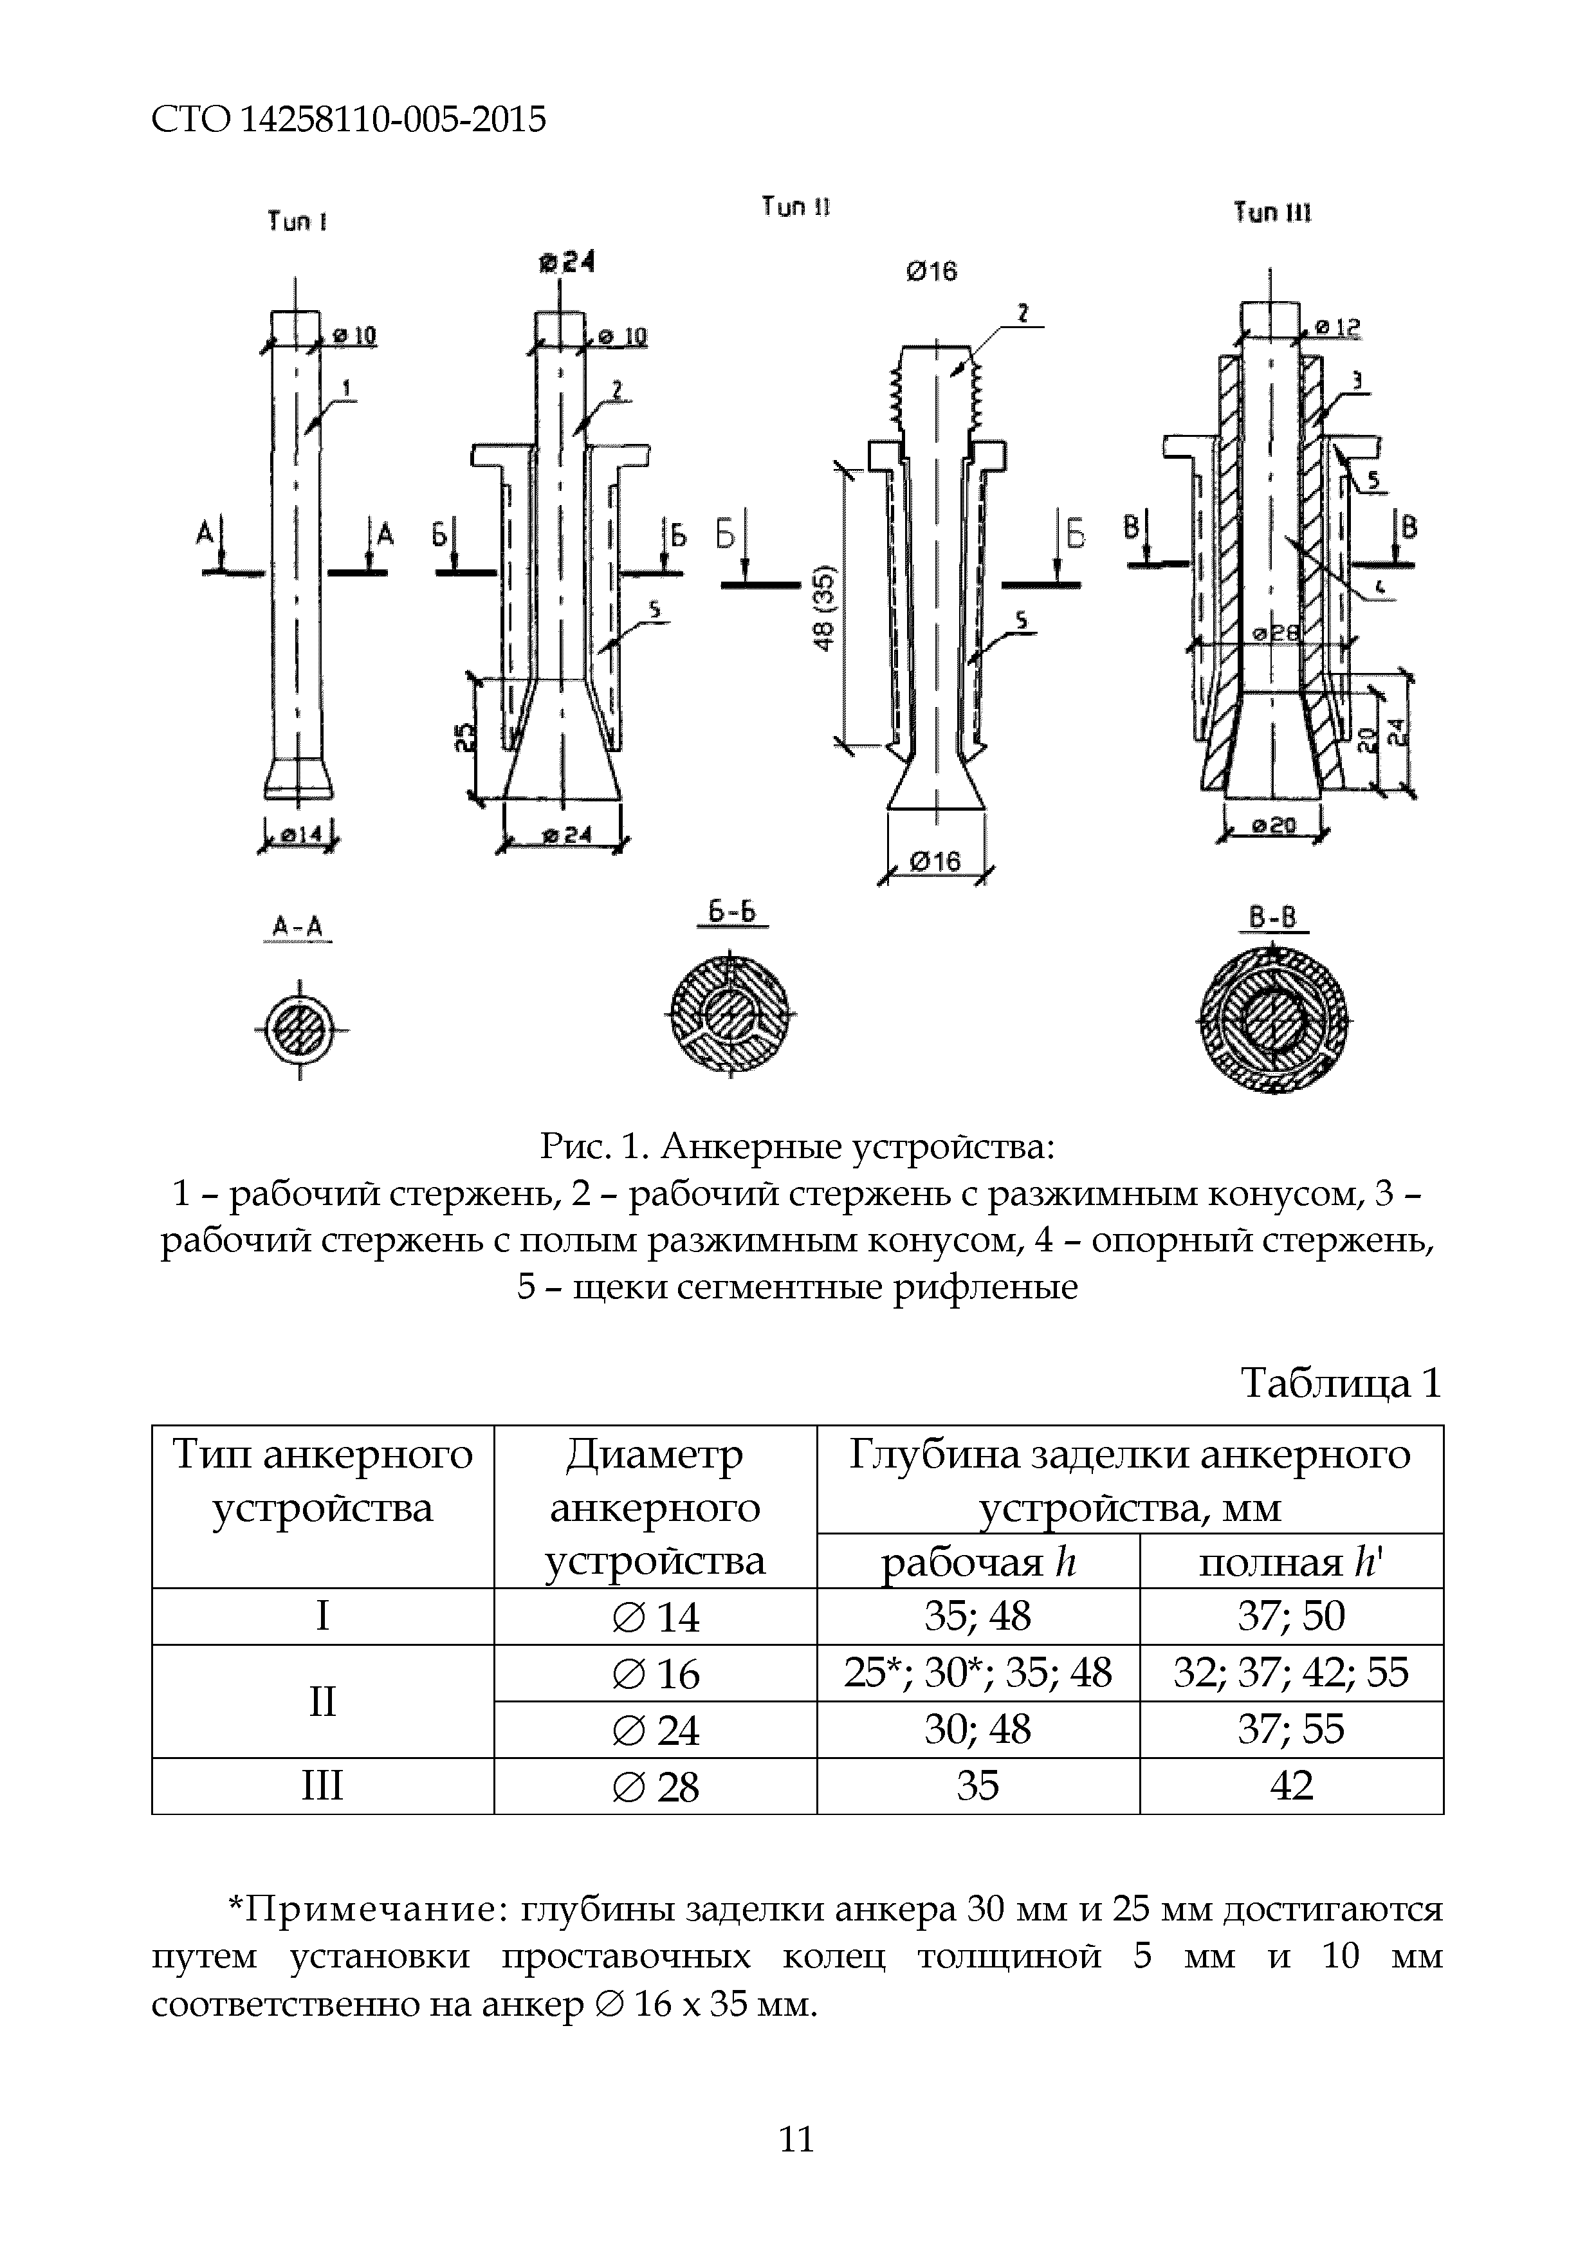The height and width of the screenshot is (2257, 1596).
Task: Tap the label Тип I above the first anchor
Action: (x=297, y=222)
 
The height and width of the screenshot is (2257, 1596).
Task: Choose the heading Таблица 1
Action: (x=1341, y=1383)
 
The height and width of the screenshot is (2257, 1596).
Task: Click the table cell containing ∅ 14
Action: (x=656, y=1617)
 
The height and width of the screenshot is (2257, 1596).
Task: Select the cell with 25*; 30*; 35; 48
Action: (x=978, y=1672)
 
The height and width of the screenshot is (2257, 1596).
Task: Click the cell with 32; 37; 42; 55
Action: (x=1290, y=1672)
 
